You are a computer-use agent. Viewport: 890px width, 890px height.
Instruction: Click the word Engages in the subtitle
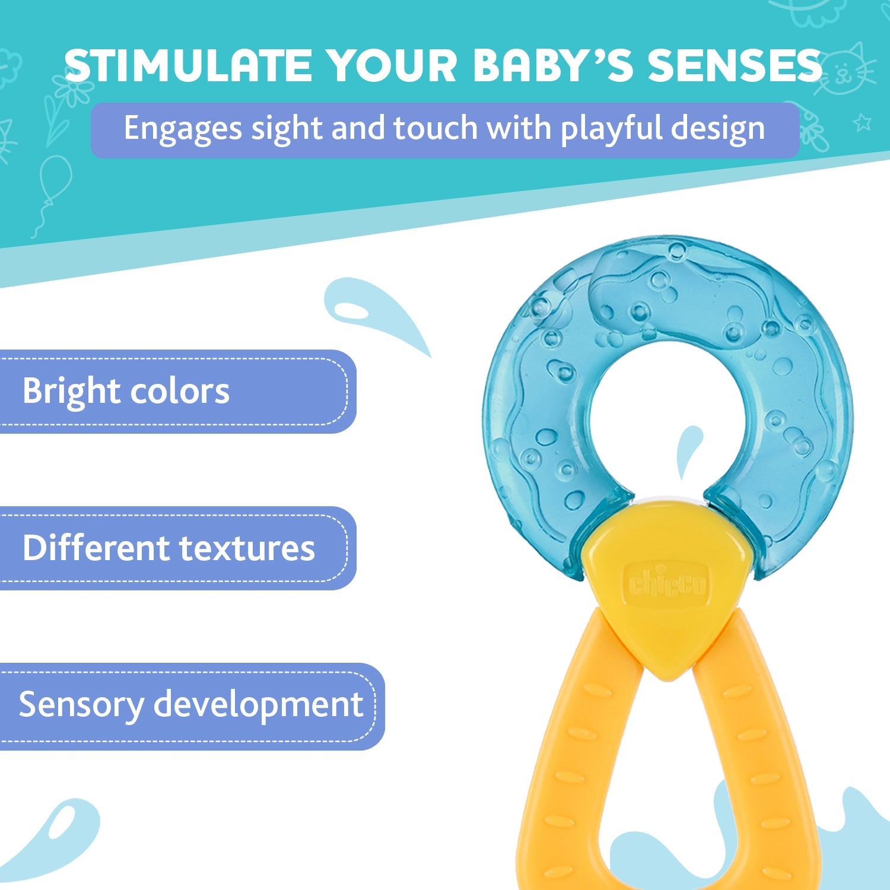pyautogui.click(x=183, y=129)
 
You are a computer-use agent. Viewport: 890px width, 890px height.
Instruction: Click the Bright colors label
pyautogui.click(x=126, y=392)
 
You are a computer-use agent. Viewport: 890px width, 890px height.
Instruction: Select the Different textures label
pyautogui.click(x=169, y=548)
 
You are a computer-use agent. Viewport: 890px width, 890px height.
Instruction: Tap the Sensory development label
pyautogui.click(x=190, y=705)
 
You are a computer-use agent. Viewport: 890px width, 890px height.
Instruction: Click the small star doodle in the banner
pyautogui.click(x=862, y=123)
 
